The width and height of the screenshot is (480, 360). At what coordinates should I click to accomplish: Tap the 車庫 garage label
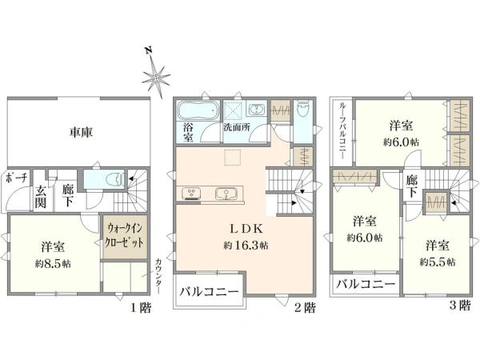[x=81, y=132]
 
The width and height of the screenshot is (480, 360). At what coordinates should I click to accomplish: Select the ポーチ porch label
[x=17, y=178]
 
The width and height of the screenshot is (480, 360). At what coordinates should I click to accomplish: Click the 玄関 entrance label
[x=40, y=197]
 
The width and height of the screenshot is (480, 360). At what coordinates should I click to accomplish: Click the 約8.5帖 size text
[x=53, y=263]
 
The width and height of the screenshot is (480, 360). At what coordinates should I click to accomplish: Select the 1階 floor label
[x=141, y=307]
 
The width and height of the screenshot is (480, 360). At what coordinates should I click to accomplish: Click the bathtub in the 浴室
[x=198, y=110]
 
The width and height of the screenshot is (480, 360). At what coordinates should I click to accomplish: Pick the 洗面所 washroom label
[x=237, y=127]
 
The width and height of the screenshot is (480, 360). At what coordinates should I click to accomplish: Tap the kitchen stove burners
[x=191, y=194]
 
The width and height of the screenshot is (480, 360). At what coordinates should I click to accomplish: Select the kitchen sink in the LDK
[x=226, y=194]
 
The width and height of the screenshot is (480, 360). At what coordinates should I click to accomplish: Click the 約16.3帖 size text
[x=246, y=245]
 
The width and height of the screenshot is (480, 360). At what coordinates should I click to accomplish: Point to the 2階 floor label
[x=305, y=307]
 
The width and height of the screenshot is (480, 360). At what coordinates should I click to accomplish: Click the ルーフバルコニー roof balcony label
[x=342, y=130]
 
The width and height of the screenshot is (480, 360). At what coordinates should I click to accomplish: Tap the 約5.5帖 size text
[x=438, y=262]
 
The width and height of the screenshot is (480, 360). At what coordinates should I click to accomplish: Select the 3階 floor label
[x=460, y=305]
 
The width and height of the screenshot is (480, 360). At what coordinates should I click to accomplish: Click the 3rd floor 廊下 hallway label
[x=412, y=187]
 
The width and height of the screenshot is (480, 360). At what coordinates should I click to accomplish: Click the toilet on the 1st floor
[x=115, y=178]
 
